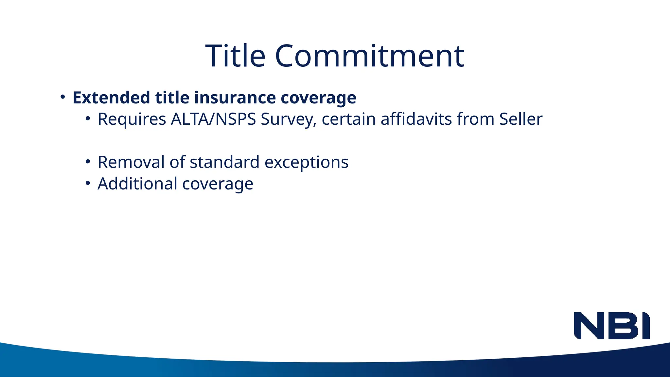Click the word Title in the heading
click(235, 56)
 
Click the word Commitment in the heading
click(370, 56)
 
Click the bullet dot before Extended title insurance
click(63, 97)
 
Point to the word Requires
click(132, 119)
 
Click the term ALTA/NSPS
click(213, 119)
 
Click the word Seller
click(520, 119)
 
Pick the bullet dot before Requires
click(88, 119)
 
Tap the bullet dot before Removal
click(88, 162)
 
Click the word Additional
click(137, 184)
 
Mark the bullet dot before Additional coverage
click(88, 183)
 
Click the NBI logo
click(611, 326)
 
